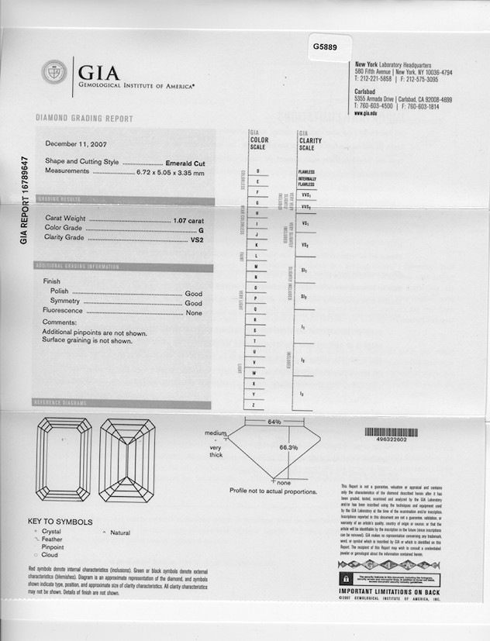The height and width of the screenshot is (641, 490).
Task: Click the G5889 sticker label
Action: [x=326, y=47]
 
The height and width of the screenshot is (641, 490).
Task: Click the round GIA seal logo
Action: [x=53, y=74]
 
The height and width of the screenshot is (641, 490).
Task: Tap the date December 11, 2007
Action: [x=75, y=143]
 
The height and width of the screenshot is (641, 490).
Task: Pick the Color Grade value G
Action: [x=201, y=229]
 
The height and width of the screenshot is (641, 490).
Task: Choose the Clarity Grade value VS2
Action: [x=196, y=240]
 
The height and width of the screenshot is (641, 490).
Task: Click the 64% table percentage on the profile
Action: [x=274, y=422]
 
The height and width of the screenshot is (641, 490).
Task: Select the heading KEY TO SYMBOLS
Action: [x=60, y=522]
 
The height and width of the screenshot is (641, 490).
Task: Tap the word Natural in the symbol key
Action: [x=120, y=532]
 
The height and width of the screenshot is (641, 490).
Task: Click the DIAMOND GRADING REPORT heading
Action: [x=84, y=119]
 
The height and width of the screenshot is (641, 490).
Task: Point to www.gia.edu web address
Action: [x=366, y=113]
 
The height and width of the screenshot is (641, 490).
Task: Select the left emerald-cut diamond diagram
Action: [x=64, y=460]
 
